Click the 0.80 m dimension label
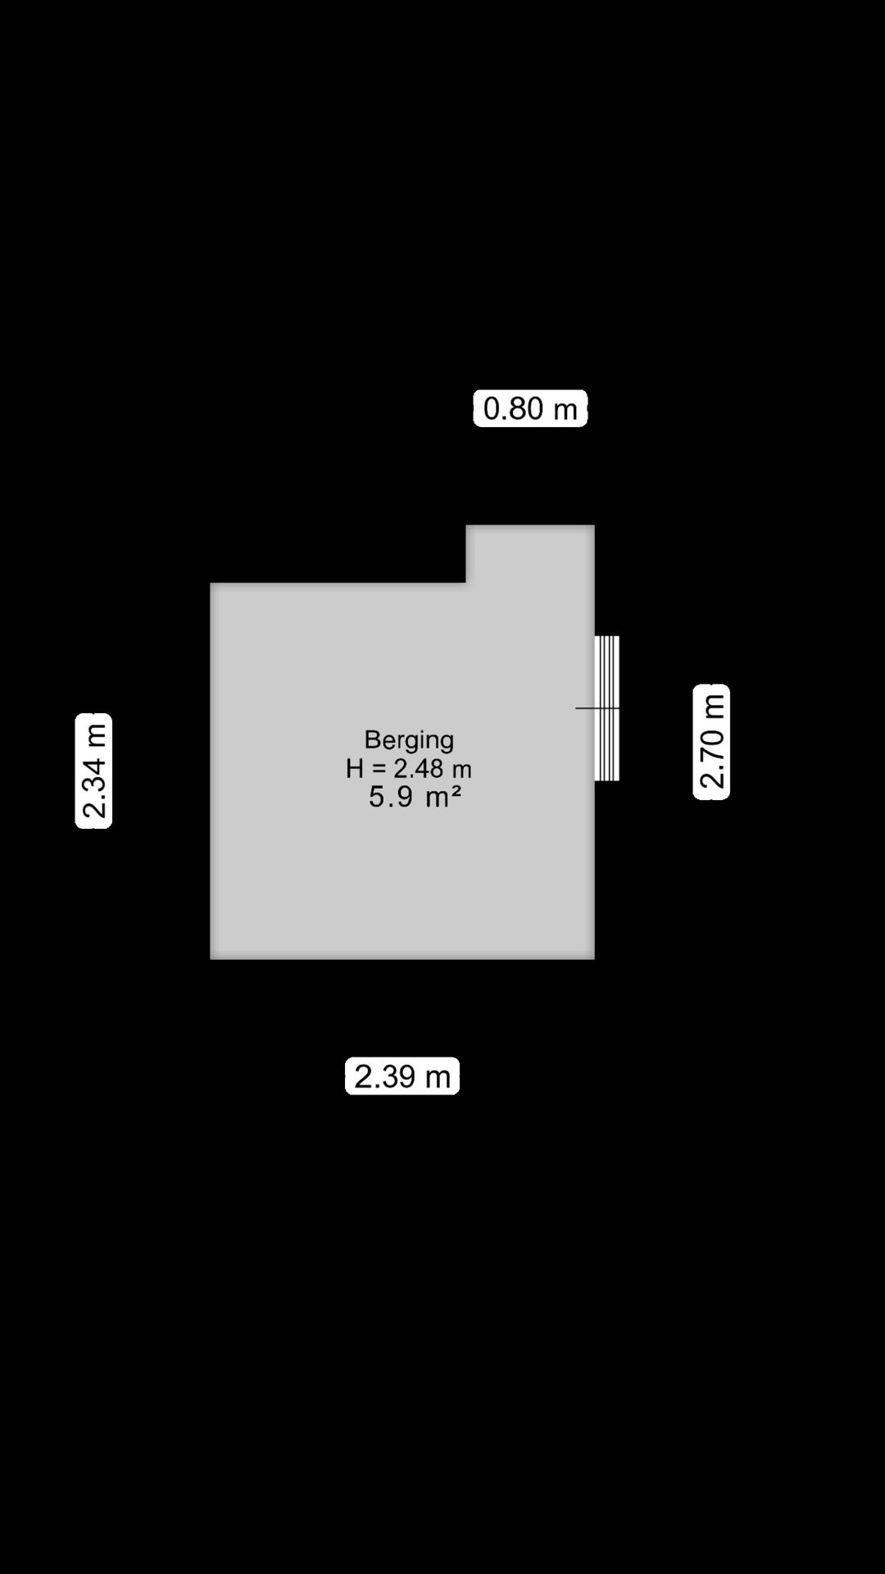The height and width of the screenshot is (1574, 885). coord(530,408)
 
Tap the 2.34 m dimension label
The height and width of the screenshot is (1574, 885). coord(93,771)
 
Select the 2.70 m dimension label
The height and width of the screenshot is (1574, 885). coord(711,742)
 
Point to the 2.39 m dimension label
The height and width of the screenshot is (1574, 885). coord(402,1076)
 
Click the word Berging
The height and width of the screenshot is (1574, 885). coord(409,740)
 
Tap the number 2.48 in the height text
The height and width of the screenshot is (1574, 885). coord(419,768)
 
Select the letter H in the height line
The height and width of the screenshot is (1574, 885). coord(354,768)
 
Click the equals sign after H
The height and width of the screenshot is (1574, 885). coord(378,769)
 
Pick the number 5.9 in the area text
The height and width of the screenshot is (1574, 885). coord(390,796)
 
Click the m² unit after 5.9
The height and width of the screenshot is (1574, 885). coord(443,796)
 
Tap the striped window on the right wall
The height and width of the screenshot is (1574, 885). coord(606,708)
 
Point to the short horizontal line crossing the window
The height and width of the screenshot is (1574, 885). coord(597,707)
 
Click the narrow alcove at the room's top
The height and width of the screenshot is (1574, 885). coord(530,554)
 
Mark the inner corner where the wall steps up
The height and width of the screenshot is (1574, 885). coord(466,583)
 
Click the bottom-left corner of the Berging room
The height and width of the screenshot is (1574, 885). coord(211,958)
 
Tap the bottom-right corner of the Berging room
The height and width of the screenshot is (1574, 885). coord(594,958)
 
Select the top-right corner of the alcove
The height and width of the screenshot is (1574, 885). coord(594,525)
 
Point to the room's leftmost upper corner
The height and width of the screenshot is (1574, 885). coord(211,584)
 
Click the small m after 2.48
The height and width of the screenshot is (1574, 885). coord(462,771)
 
